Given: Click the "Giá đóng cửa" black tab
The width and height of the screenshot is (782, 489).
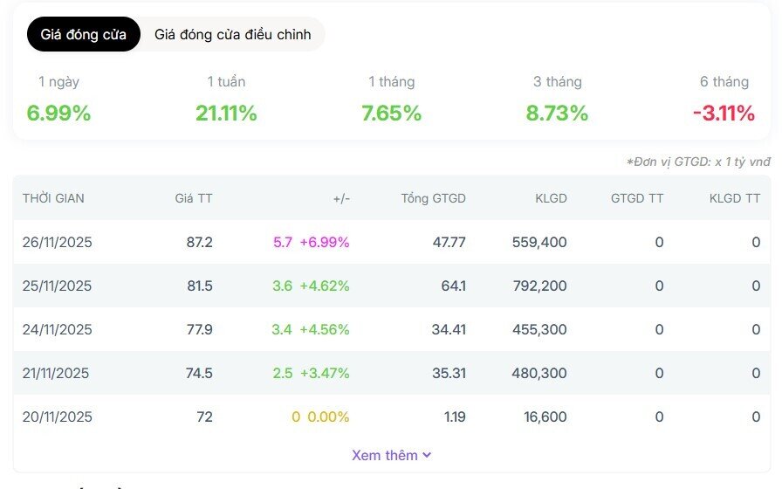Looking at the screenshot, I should point(83,35).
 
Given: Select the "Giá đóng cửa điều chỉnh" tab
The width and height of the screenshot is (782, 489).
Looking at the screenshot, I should point(232,35).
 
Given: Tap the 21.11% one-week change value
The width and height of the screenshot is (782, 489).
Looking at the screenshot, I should point(226,114).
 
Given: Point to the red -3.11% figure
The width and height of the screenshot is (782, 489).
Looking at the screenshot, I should point(724,114).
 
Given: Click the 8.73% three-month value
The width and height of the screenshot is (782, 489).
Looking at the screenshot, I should point(557,114).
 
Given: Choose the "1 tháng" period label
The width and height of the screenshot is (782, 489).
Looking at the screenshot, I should point(391,82).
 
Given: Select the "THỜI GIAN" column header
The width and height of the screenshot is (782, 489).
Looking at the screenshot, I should point(53,198).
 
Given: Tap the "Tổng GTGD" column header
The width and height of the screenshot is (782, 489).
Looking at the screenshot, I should point(433,198).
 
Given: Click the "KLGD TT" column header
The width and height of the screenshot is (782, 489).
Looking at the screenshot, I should point(734,198).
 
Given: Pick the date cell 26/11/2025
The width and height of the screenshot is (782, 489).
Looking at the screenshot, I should point(57,242).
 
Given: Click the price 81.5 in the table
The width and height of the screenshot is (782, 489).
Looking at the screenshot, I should point(199,286).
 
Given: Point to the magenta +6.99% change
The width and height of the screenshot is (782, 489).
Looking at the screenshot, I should point(324,242).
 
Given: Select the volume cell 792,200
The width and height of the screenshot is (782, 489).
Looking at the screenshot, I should point(539,286).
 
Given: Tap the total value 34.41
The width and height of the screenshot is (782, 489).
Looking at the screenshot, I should point(449,329).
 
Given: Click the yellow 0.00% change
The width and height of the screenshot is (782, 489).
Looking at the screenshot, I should point(328,417).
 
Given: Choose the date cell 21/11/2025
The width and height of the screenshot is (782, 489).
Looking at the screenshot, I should point(57,373).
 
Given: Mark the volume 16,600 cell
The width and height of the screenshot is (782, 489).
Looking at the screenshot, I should point(545,417).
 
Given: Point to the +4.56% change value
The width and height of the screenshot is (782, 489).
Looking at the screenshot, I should point(324,329).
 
